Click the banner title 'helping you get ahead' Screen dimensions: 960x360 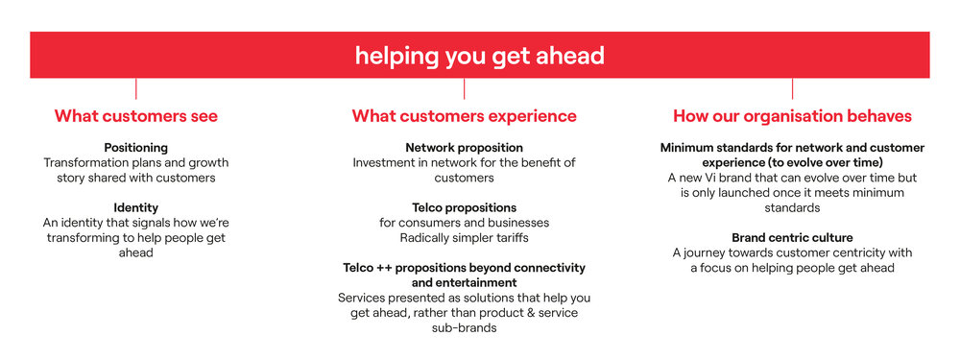(479, 57)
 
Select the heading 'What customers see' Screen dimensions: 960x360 (136, 116)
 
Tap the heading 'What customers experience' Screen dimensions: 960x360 (464, 116)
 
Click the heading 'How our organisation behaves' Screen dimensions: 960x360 (792, 116)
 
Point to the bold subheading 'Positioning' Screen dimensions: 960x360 (136, 148)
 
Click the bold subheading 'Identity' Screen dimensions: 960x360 (136, 207)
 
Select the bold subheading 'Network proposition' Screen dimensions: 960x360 (464, 148)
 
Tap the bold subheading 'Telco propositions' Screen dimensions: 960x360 (464, 207)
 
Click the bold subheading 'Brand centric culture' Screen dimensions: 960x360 (792, 237)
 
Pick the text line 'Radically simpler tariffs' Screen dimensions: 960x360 (464, 237)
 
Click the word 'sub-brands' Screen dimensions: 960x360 (464, 327)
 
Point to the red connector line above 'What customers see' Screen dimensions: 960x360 (136, 88)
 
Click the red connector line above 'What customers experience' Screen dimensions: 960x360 (464, 88)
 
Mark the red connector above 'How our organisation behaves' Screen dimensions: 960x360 (792, 88)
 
